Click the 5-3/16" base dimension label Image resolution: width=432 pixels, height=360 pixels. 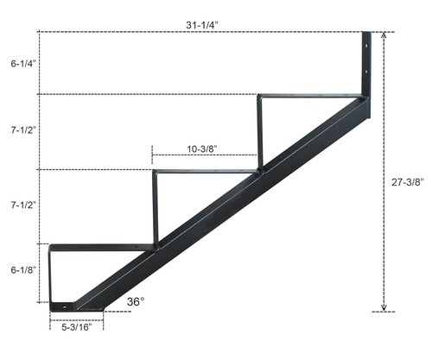coord(76,327)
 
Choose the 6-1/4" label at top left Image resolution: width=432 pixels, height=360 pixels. coord(23,63)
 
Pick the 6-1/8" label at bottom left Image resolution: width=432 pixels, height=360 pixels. coord(23,270)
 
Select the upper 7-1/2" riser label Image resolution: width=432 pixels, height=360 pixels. coord(23,130)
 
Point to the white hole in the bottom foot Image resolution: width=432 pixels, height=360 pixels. coord(67,305)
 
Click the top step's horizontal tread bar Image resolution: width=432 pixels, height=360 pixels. coord(311,96)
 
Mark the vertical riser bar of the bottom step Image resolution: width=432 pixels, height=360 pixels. coord(51,276)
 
